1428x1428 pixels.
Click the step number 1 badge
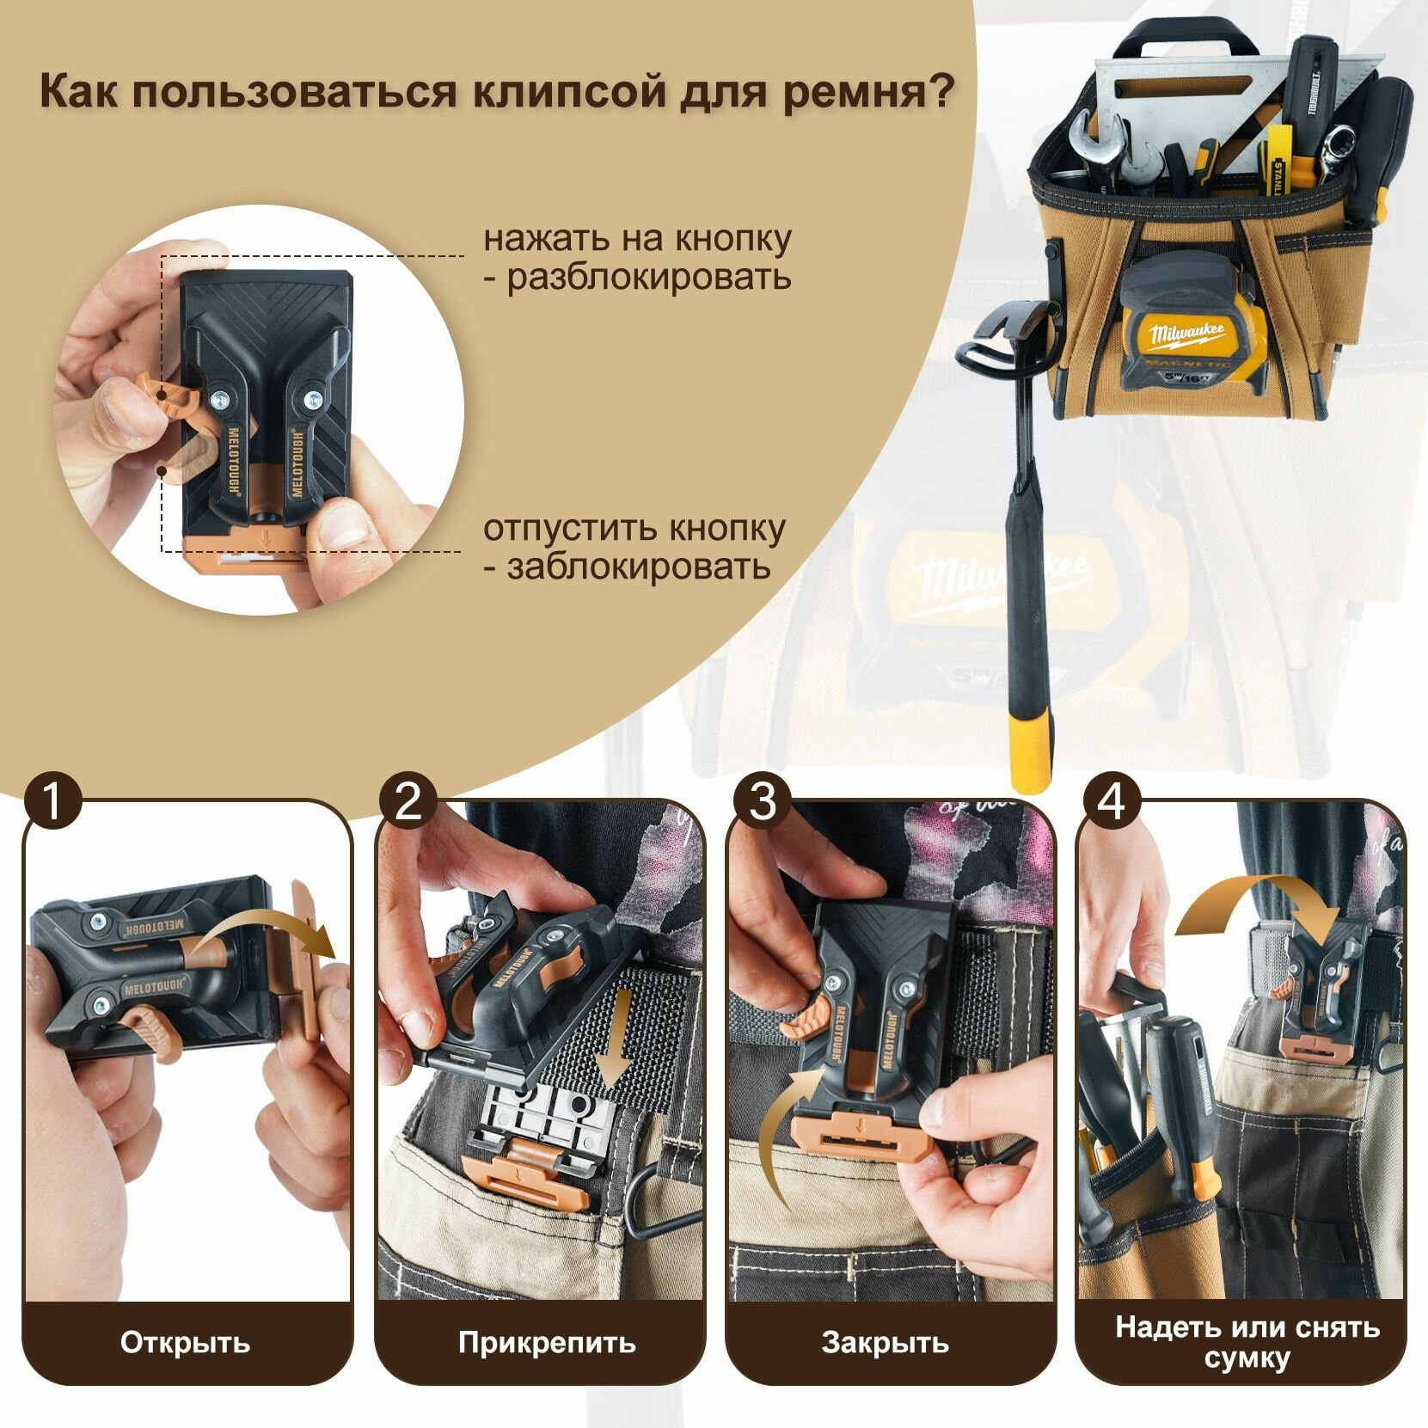52,804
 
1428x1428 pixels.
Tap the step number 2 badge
408,804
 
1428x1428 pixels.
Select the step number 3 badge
762,804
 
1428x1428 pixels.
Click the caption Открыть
185,1343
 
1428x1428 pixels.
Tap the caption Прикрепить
547,1343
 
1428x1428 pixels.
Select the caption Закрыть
885,1343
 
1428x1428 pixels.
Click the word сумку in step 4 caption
1247,1359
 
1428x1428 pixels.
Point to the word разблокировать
648,278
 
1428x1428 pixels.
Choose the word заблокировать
638,568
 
